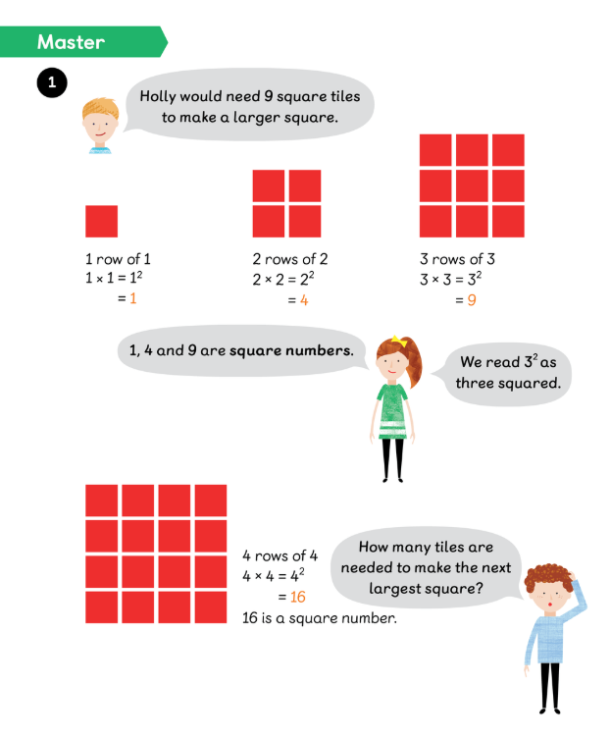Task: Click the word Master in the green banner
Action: pyautogui.click(x=71, y=42)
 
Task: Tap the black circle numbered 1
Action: pyautogui.click(x=52, y=82)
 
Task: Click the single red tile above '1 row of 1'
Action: pyautogui.click(x=102, y=221)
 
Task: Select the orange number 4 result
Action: pyautogui.click(x=304, y=300)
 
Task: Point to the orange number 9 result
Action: pyautogui.click(x=472, y=300)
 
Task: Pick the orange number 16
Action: pyautogui.click(x=298, y=597)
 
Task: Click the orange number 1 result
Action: pyautogui.click(x=133, y=298)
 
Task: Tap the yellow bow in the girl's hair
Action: pyautogui.click(x=398, y=341)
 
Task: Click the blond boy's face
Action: pyautogui.click(x=99, y=127)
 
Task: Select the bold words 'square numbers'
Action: pyautogui.click(x=291, y=350)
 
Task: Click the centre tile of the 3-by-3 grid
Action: pyautogui.click(x=472, y=185)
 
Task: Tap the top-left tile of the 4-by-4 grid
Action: pyautogui.click(x=102, y=501)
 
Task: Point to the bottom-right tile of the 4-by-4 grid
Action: pyautogui.click(x=211, y=607)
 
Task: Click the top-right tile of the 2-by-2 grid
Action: pyautogui.click(x=305, y=185)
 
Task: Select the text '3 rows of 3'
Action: pyautogui.click(x=457, y=259)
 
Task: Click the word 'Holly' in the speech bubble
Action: pyautogui.click(x=158, y=96)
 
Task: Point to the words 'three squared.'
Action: pyautogui.click(x=508, y=383)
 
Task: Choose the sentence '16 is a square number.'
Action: pyautogui.click(x=320, y=618)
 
